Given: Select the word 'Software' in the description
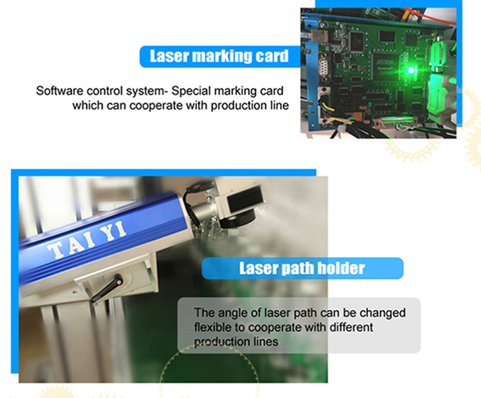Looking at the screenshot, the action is [60, 91].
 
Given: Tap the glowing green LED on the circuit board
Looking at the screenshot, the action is [411, 70].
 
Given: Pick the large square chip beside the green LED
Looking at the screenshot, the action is [385, 65].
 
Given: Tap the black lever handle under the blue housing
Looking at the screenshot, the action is [107, 289].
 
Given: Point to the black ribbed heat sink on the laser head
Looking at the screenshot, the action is [245, 199].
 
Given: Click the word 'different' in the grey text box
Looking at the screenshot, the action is [351, 328].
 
